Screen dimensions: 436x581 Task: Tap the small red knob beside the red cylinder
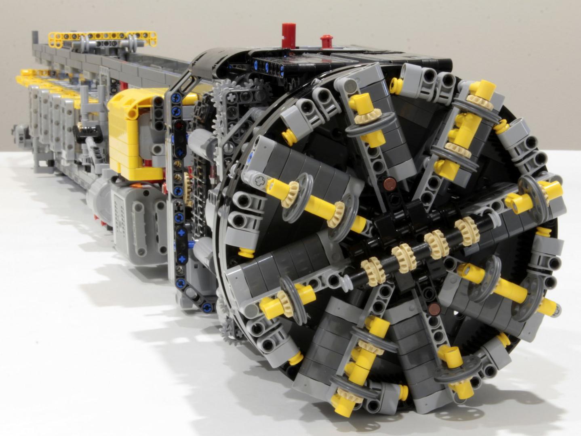tap(326, 41)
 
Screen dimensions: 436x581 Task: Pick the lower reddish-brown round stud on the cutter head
tap(434, 309)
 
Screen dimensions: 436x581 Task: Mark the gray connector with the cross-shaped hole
tap(259, 177)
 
